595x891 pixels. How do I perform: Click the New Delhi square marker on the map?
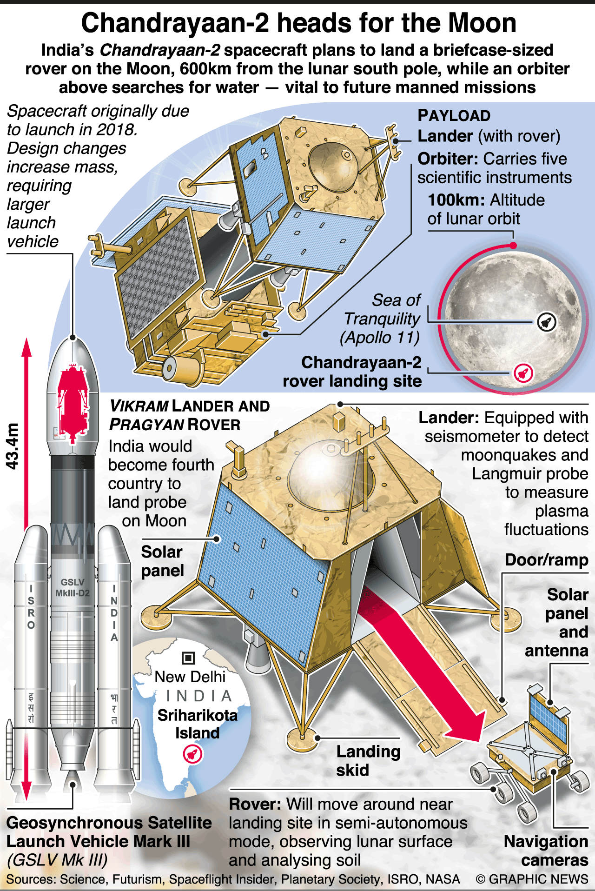click(x=188, y=658)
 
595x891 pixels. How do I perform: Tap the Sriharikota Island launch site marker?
click(x=192, y=754)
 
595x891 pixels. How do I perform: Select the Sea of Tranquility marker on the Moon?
click(x=547, y=322)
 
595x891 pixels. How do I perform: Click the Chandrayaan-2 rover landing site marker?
click(x=523, y=372)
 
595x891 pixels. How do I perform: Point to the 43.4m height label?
click(x=13, y=446)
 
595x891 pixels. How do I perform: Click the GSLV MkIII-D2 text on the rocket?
click(x=72, y=588)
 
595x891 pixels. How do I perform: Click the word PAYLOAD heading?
click(x=454, y=116)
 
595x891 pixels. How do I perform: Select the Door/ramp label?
click(x=546, y=560)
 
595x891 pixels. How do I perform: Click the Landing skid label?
click(x=368, y=761)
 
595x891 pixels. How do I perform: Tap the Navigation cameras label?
click(x=546, y=851)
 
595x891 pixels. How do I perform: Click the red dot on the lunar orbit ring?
click(x=513, y=246)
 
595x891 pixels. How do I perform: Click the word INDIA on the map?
click(x=199, y=696)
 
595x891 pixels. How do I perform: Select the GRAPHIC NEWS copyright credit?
click(x=532, y=879)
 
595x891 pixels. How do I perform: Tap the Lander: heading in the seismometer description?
click(x=449, y=418)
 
